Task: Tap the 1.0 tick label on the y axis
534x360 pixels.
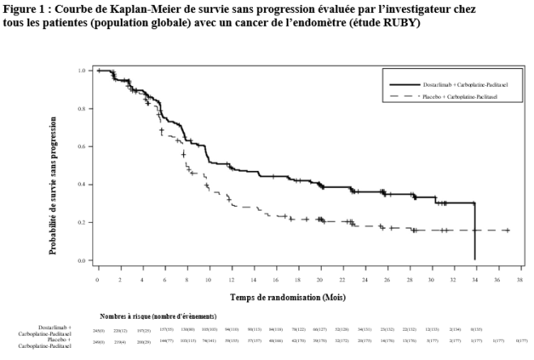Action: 81,71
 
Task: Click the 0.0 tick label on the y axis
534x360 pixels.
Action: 81,261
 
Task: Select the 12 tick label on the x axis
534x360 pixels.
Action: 232,279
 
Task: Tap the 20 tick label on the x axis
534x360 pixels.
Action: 321,279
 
